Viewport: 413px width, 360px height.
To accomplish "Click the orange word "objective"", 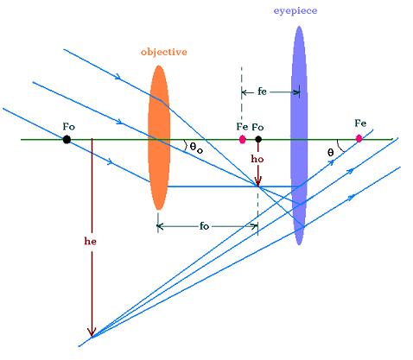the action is (164, 52).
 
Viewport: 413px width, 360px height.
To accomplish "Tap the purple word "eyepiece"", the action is (295, 11).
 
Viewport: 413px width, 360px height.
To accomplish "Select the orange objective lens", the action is (159, 137).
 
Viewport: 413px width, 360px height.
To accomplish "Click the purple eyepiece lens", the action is (299, 136).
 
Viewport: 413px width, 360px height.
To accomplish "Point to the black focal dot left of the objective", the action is (67, 140).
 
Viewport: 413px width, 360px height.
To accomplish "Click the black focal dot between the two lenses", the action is (258, 140).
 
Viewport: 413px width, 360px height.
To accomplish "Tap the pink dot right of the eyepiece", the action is (359, 139).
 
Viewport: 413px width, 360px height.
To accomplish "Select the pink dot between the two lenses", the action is (243, 140).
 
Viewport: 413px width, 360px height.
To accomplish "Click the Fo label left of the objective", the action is (69, 127).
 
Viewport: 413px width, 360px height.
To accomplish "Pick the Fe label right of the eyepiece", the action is (360, 123).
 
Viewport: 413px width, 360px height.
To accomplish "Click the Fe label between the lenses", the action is (242, 126).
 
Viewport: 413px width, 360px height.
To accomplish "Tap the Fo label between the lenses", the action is (257, 127).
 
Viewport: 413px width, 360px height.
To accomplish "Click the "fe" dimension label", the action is (262, 92).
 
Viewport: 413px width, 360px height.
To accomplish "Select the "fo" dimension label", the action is (204, 226).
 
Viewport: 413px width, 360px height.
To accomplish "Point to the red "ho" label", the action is (257, 159).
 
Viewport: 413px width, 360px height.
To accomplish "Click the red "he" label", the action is (91, 241).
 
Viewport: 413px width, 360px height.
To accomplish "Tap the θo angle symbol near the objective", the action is (196, 148).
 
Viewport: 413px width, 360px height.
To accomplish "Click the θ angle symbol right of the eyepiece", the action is (331, 152).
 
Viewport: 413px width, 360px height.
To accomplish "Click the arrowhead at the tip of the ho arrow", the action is (258, 181).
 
